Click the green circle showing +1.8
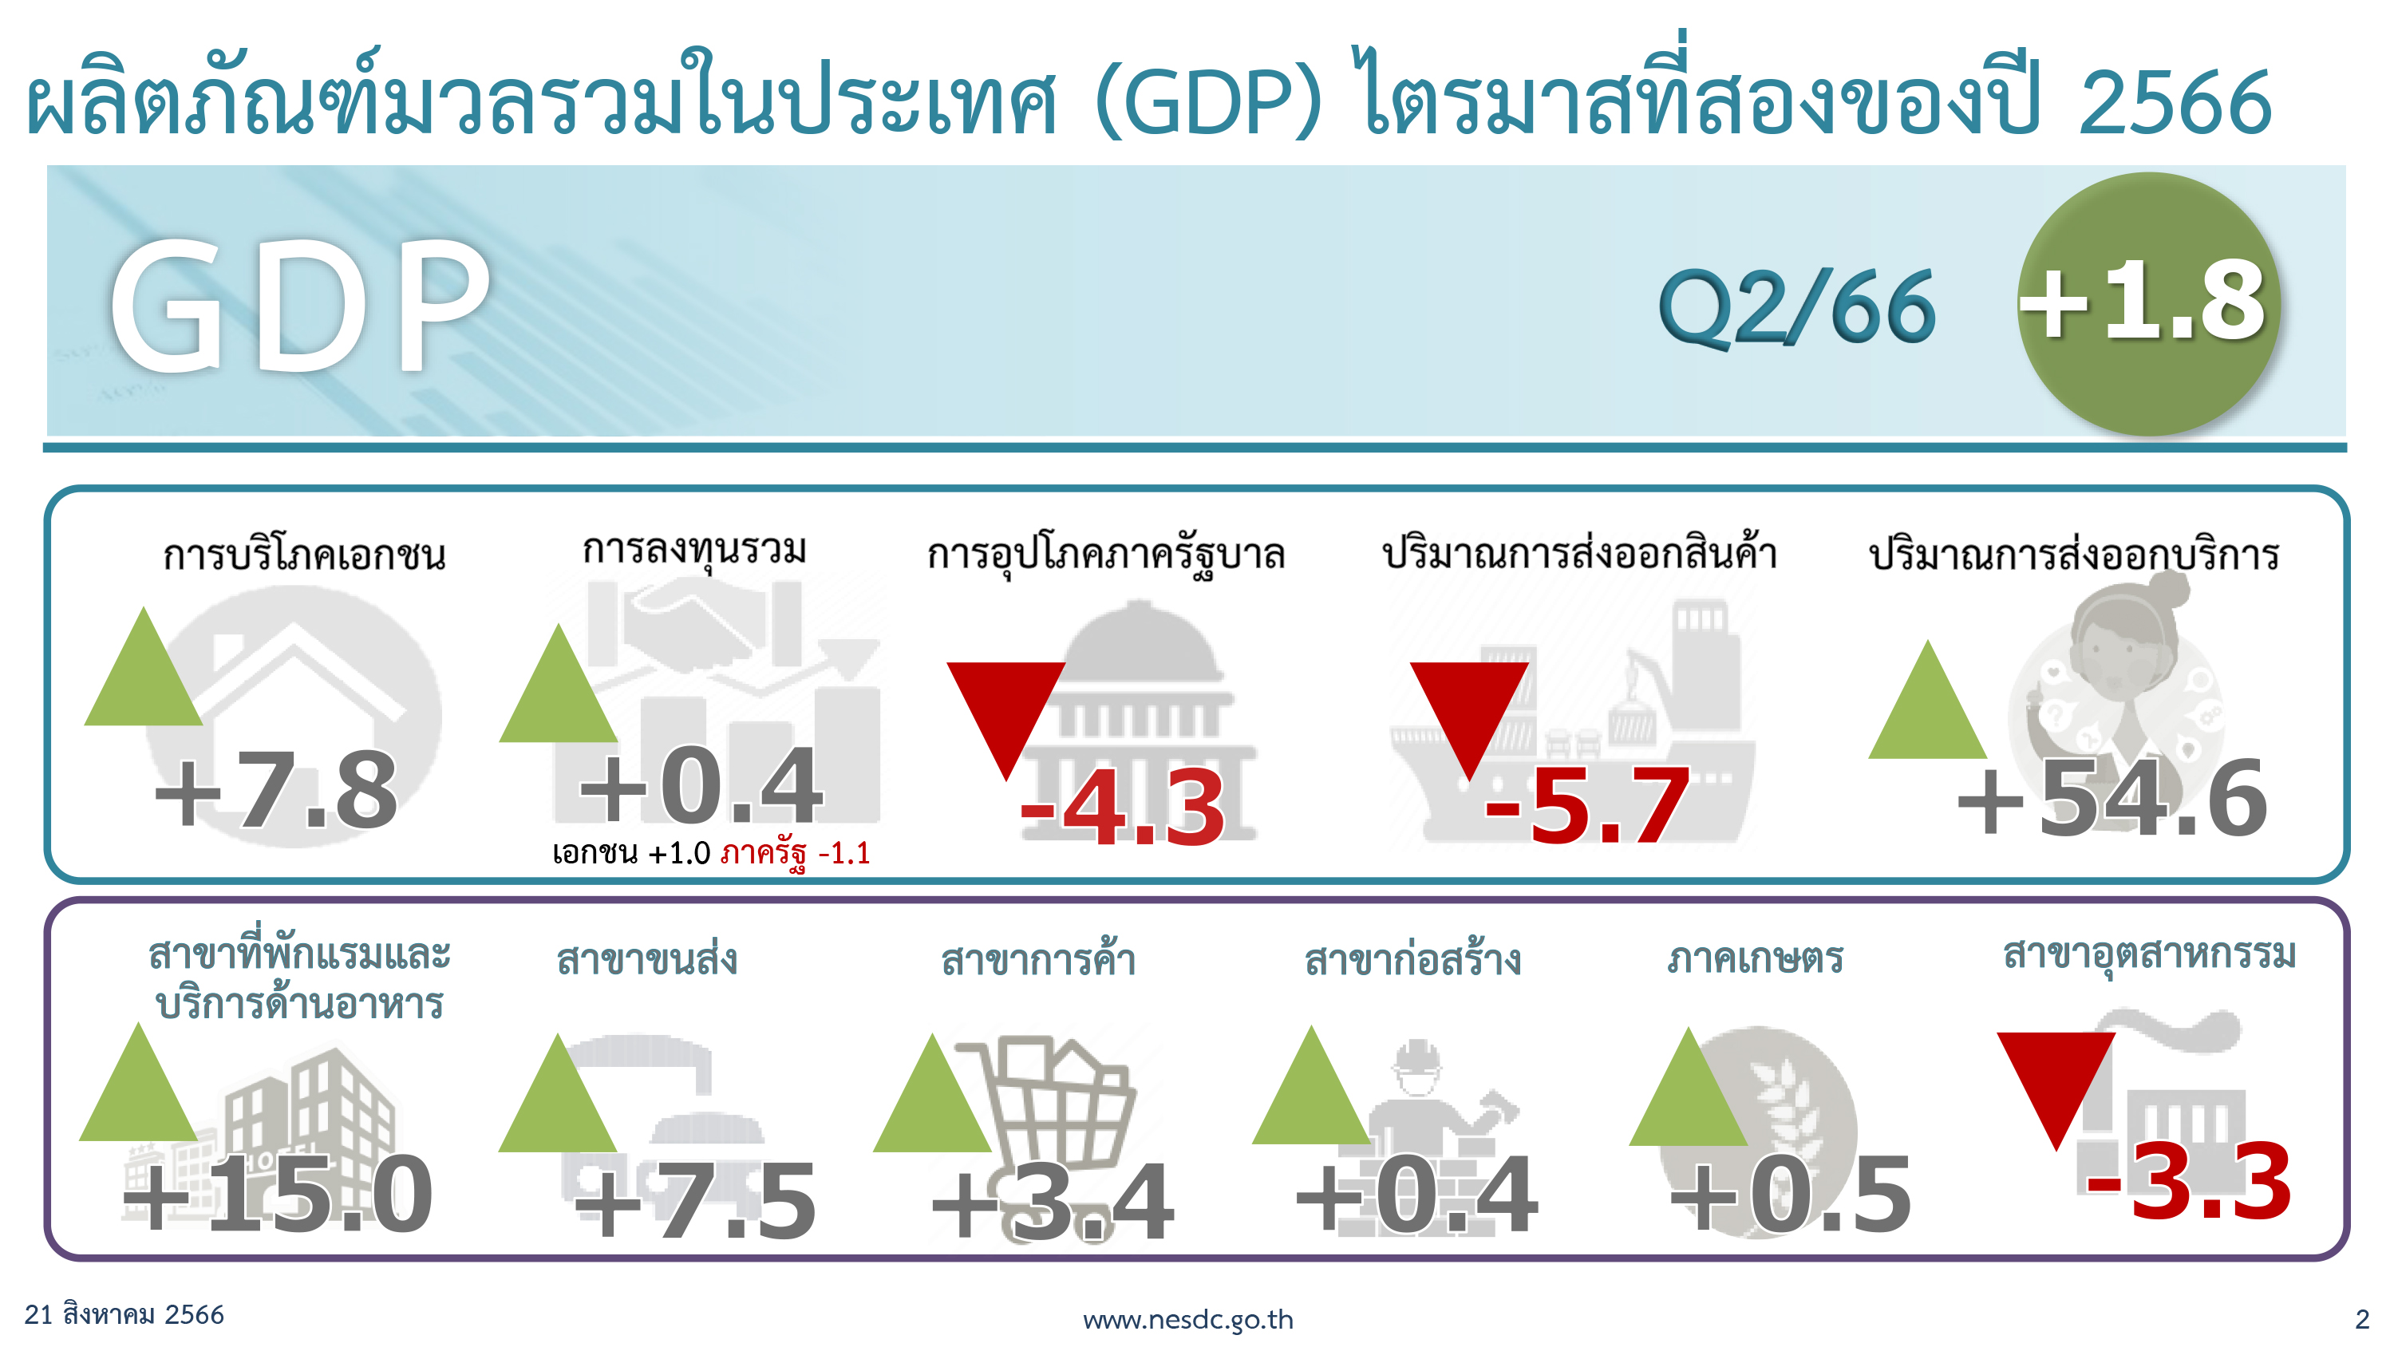click(2149, 304)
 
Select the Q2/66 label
click(1797, 306)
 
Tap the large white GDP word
click(299, 306)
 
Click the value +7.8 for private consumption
click(276, 790)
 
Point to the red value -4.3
click(1123, 807)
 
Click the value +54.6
click(2112, 798)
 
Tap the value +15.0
click(277, 1195)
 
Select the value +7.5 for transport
click(694, 1201)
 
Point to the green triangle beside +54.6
click(1927, 699)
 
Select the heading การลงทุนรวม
click(694, 549)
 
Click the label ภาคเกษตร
click(1755, 958)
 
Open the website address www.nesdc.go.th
click(1187, 1319)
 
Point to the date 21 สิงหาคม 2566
click(124, 1313)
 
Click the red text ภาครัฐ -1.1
click(796, 853)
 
